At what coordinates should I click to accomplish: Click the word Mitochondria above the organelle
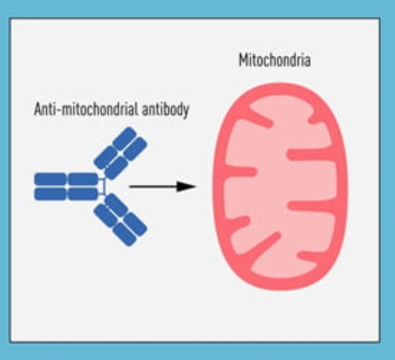274,60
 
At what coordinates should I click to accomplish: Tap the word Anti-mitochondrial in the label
87,109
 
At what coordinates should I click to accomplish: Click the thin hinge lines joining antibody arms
103,186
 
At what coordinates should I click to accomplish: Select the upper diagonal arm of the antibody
121,152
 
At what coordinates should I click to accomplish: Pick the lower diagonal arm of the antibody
121,220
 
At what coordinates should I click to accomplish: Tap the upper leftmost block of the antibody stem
50,179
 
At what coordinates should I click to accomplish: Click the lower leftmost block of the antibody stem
50,194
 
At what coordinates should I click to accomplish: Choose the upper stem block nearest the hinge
83,179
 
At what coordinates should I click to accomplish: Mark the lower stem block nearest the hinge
83,194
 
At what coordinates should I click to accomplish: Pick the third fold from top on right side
310,206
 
